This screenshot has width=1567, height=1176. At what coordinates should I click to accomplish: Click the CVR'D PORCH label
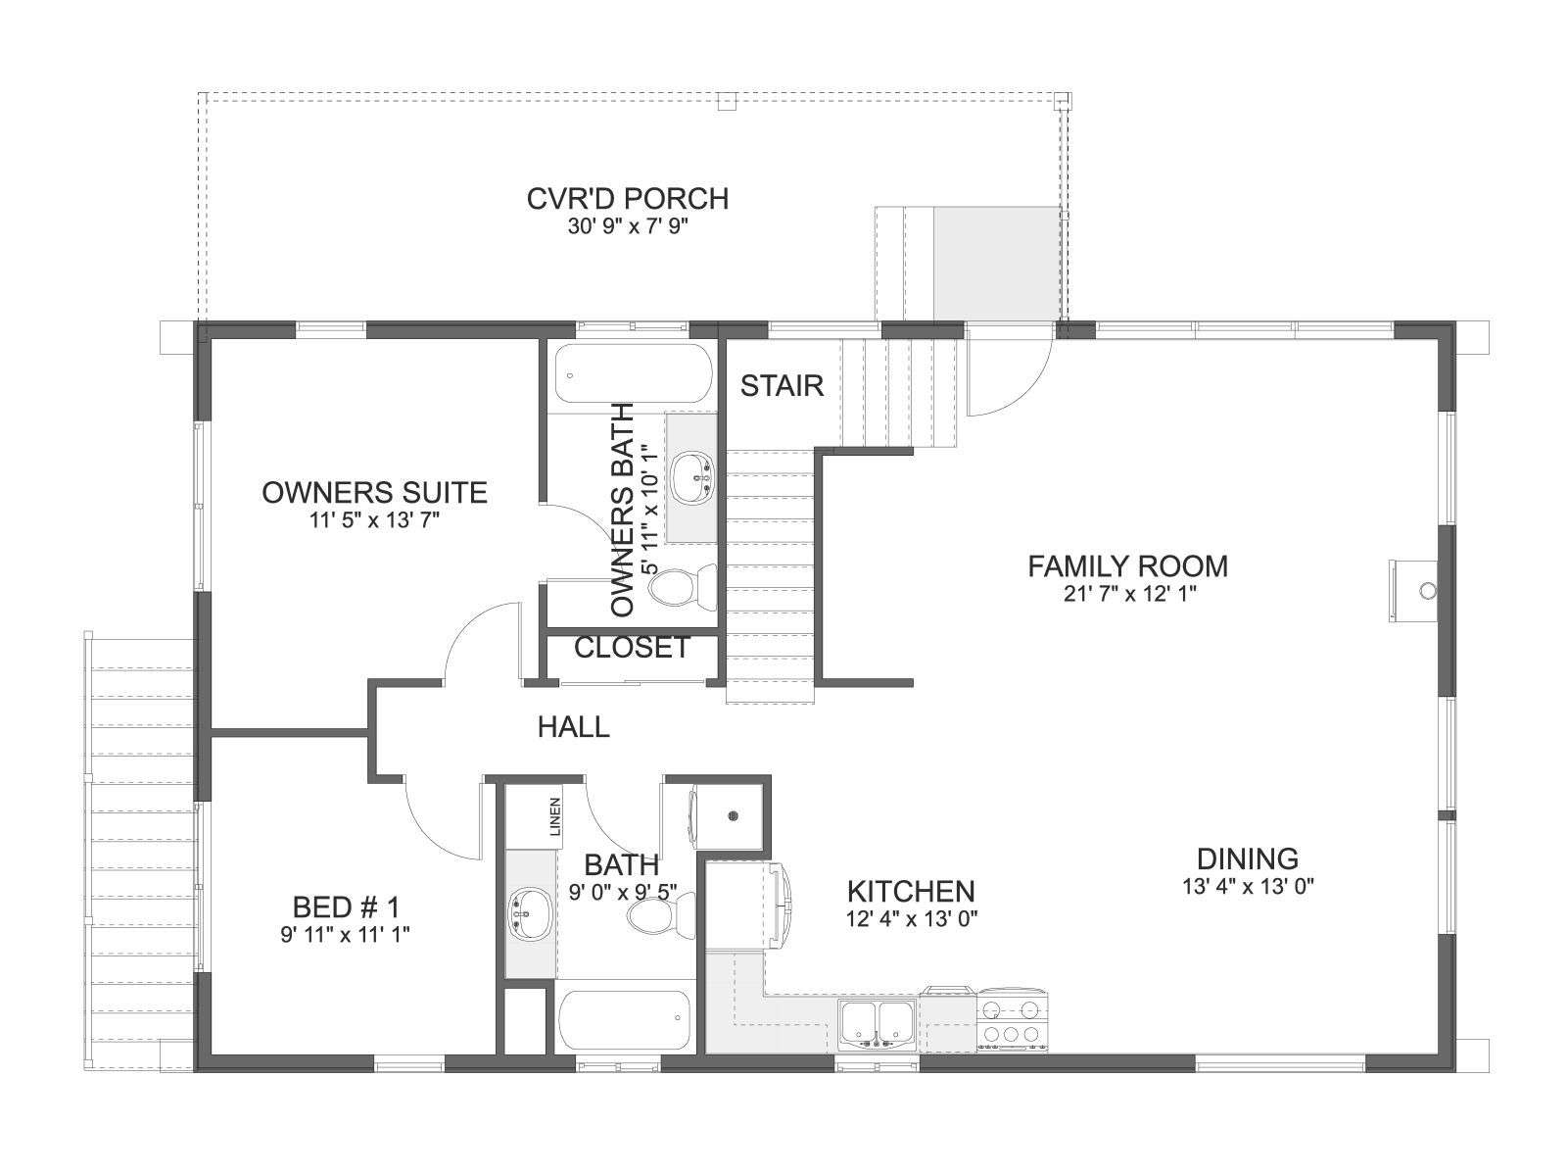pyautogui.click(x=628, y=199)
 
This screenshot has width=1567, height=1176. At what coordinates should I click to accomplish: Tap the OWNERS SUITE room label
pyautogui.click(x=374, y=493)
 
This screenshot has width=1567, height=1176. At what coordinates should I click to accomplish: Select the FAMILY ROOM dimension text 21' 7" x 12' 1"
pyautogui.click(x=1129, y=594)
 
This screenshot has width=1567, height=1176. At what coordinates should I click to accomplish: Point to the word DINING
pyautogui.click(x=1247, y=858)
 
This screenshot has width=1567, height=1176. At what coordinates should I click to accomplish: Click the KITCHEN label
pyautogui.click(x=911, y=891)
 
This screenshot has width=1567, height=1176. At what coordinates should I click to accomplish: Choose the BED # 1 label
pyautogui.click(x=347, y=907)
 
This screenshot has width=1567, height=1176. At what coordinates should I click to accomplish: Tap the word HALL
pyautogui.click(x=573, y=727)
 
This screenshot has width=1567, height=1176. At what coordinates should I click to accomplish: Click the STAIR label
pyautogui.click(x=782, y=385)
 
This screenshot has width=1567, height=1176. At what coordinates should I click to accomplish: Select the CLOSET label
pyautogui.click(x=632, y=648)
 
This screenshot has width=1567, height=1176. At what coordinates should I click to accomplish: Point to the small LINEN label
pyautogui.click(x=554, y=816)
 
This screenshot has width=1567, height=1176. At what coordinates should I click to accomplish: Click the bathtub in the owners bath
pyautogui.click(x=634, y=374)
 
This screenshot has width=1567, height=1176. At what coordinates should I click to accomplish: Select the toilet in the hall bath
pyautogui.click(x=661, y=915)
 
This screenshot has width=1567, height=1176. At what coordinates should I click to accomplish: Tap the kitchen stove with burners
pyautogui.click(x=1013, y=1021)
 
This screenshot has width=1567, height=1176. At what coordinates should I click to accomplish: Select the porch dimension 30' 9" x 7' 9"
pyautogui.click(x=628, y=226)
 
